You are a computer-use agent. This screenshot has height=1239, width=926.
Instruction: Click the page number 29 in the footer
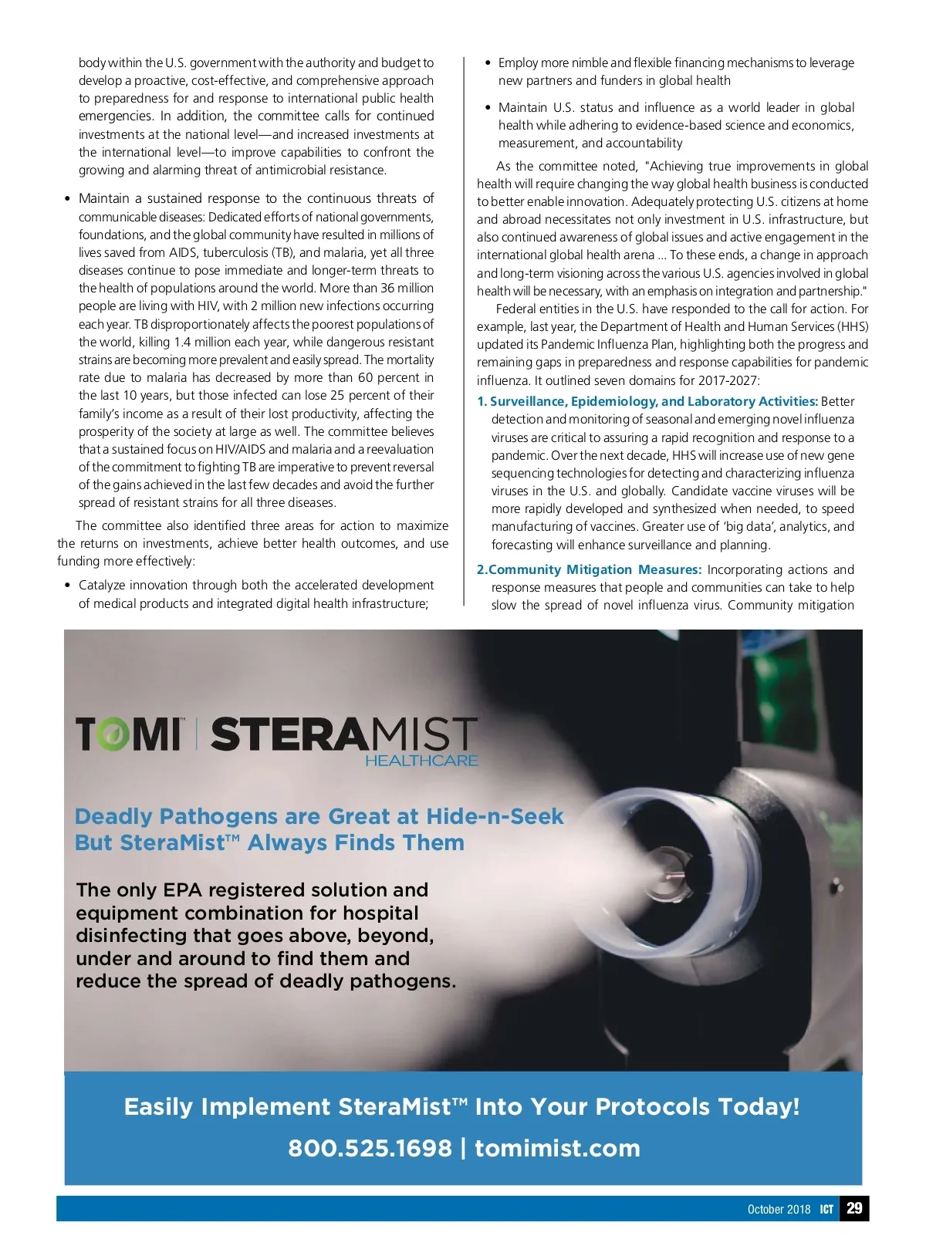[x=854, y=1208]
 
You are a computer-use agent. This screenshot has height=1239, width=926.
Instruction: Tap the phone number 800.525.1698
[x=370, y=1148]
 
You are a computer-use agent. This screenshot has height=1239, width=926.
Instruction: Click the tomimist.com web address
[x=557, y=1148]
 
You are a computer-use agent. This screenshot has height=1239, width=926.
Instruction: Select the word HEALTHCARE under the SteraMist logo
[x=421, y=761]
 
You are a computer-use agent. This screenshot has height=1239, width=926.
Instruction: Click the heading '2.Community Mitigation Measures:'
[x=589, y=569]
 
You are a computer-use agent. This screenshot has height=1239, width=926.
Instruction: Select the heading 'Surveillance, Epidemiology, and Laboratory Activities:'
[x=654, y=401]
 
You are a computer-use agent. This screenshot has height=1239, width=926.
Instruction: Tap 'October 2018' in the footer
[x=779, y=1209]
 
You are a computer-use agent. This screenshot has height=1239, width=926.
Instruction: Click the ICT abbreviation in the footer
[x=826, y=1209]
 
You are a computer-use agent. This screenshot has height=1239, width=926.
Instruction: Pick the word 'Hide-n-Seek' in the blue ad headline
[x=495, y=816]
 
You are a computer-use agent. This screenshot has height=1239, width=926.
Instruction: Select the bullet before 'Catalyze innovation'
[x=69, y=586]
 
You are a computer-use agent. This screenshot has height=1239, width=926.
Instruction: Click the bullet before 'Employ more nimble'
[x=488, y=63]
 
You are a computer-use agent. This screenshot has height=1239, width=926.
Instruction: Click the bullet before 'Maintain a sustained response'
[x=69, y=199]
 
